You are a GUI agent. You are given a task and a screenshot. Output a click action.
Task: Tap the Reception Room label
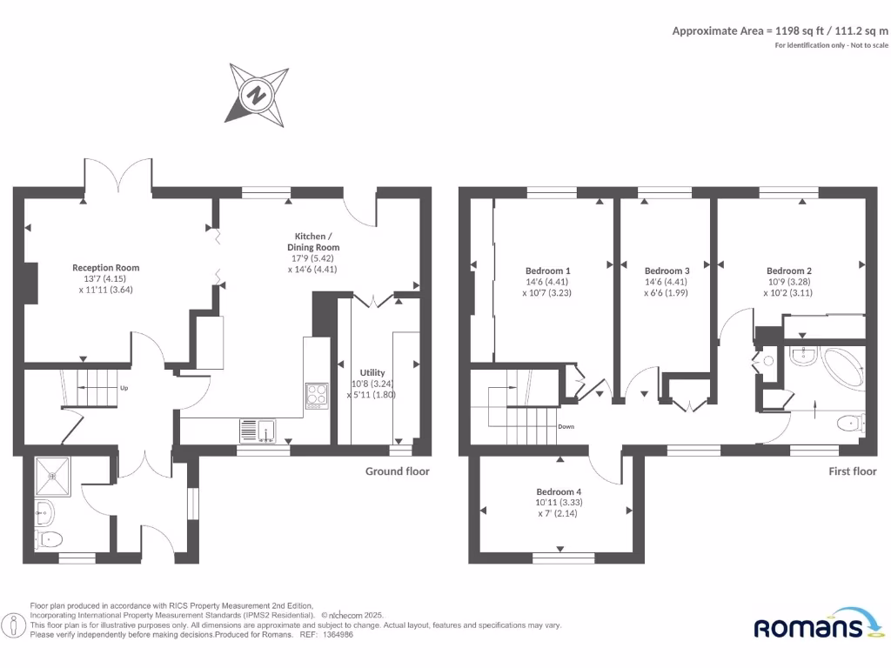pyautogui.click(x=106, y=268)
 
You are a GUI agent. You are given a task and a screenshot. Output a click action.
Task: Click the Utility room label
pyautogui.click(x=372, y=372)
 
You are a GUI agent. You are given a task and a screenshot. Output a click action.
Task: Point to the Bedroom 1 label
pyautogui.click(x=548, y=271)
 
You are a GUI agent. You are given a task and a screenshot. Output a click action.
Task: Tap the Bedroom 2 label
pyautogui.click(x=789, y=271)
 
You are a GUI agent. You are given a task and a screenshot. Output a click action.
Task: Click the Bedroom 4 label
pyautogui.click(x=559, y=491)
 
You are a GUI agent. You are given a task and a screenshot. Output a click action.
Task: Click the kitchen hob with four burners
pyautogui.click(x=316, y=396)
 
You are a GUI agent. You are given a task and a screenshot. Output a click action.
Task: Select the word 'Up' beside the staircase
pyautogui.click(x=124, y=388)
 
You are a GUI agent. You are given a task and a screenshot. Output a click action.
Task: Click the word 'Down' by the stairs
pyautogui.click(x=566, y=426)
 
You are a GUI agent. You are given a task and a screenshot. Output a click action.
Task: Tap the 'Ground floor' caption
pyautogui.click(x=398, y=471)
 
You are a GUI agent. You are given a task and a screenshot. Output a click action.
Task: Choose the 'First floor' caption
pyautogui.click(x=853, y=471)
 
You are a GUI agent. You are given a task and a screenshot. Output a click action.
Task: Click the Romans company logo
pyautogui.click(x=818, y=625)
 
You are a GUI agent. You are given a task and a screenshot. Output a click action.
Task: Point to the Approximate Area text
pyautogui.click(x=780, y=30)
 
